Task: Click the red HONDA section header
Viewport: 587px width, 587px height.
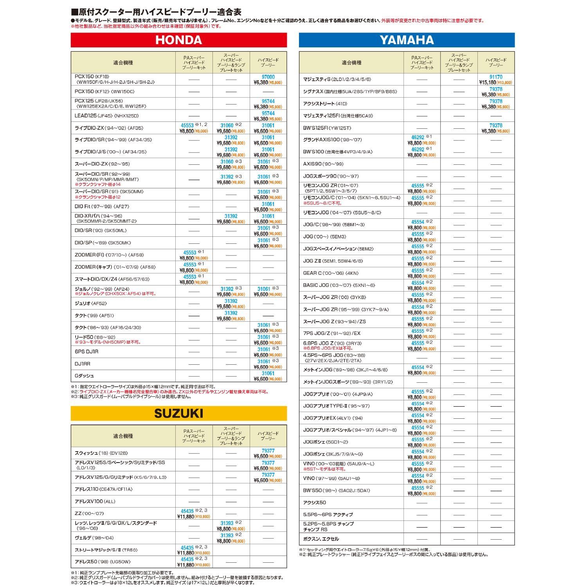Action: tap(178, 40)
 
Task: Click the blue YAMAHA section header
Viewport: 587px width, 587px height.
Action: tap(407, 40)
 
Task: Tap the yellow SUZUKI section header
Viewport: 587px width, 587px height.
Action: tap(178, 413)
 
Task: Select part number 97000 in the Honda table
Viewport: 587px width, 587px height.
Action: tap(268, 77)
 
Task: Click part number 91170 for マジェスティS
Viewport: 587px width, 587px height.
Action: tap(496, 77)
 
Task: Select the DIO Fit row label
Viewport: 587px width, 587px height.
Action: tap(102, 206)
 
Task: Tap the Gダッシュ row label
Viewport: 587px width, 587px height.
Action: tap(85, 376)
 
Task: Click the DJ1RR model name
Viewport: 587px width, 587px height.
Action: tap(83, 364)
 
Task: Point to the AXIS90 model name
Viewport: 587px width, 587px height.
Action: tap(323, 164)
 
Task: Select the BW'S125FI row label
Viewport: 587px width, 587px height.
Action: tap(327, 128)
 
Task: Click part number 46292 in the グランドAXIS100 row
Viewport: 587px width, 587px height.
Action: tap(418, 137)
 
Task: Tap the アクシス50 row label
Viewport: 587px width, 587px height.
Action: tap(315, 502)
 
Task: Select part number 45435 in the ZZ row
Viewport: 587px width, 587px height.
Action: tap(187, 511)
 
